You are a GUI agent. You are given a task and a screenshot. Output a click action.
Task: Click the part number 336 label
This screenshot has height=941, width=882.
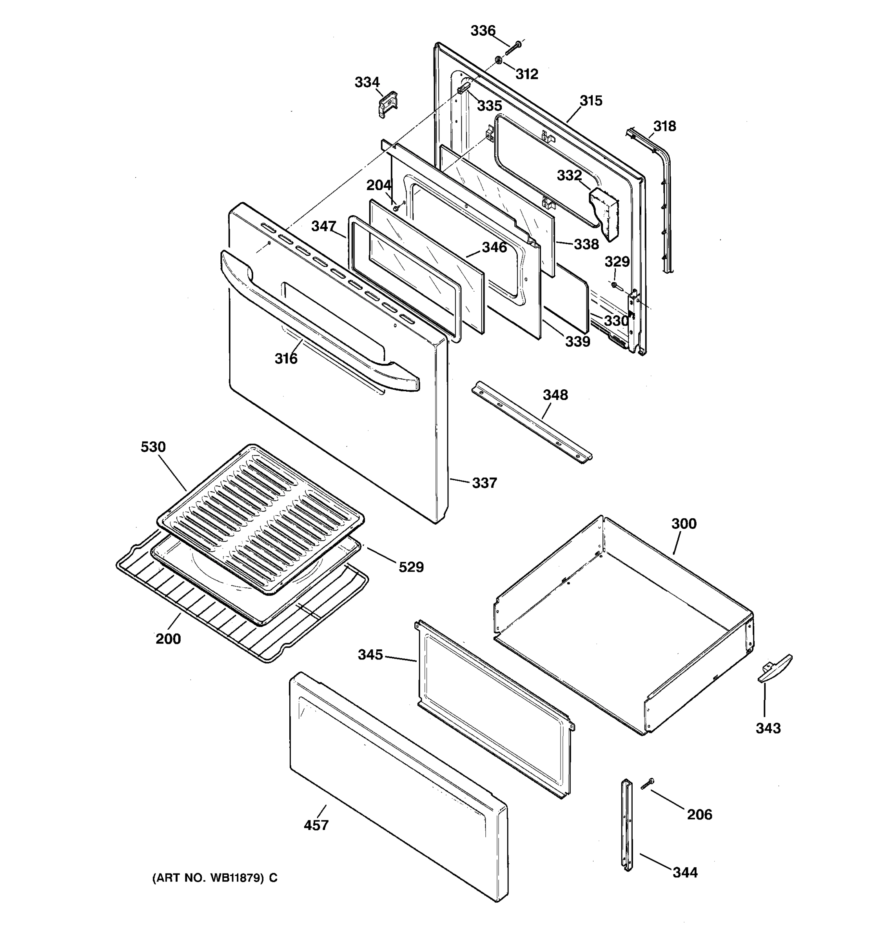coord(483,31)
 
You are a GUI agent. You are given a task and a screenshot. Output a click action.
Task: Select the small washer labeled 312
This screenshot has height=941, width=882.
coord(499,60)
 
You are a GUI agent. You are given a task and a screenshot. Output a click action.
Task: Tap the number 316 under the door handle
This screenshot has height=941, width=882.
coord(286,359)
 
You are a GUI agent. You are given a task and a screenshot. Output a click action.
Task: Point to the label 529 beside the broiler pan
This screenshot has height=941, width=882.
coord(411,567)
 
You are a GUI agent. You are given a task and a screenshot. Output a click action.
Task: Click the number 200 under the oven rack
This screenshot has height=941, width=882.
coord(168,639)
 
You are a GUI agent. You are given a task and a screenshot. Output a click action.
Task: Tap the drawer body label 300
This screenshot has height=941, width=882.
coord(684,523)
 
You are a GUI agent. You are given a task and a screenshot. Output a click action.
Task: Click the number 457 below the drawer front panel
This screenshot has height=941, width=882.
coord(316,825)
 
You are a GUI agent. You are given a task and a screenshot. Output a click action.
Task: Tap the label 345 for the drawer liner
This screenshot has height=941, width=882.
coord(370,655)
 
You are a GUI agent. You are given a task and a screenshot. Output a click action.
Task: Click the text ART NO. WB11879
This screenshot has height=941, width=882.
coord(214,878)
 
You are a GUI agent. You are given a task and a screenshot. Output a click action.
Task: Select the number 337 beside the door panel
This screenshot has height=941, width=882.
coord(484,483)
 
